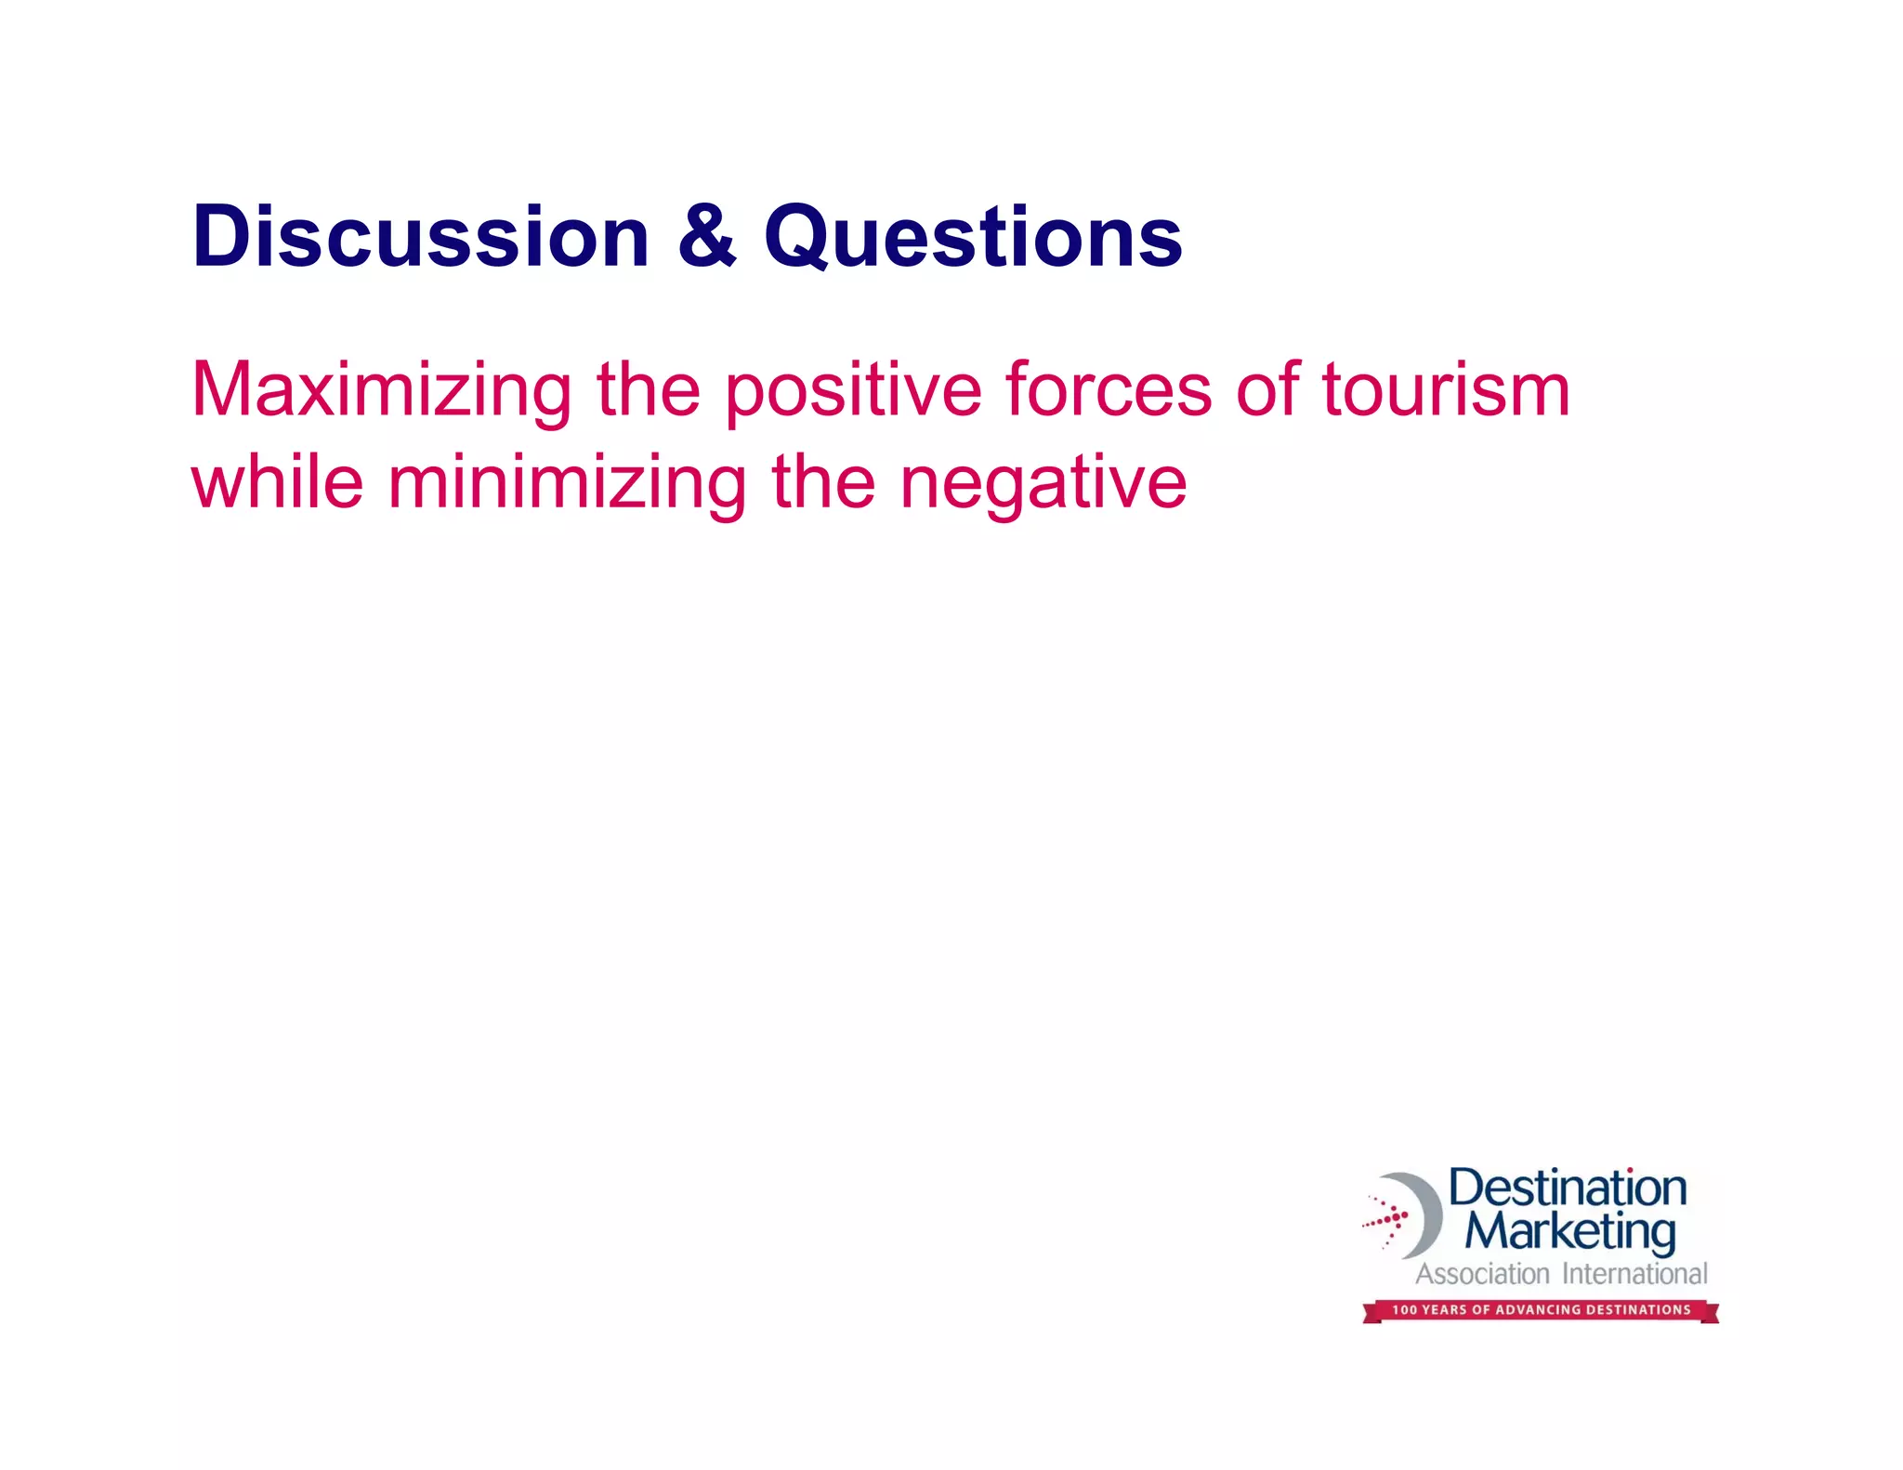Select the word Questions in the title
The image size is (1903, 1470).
(x=973, y=238)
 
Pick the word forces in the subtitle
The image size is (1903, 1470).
(x=1109, y=390)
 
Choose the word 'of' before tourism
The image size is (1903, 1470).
(x=1266, y=390)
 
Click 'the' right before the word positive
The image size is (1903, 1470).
(x=648, y=390)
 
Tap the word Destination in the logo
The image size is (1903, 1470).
(x=1568, y=1188)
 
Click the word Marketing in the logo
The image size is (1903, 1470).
(x=1570, y=1232)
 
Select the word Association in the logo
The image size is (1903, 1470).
(x=1482, y=1274)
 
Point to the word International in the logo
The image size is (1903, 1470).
(x=1634, y=1274)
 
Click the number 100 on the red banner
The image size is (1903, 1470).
(x=1404, y=1310)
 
